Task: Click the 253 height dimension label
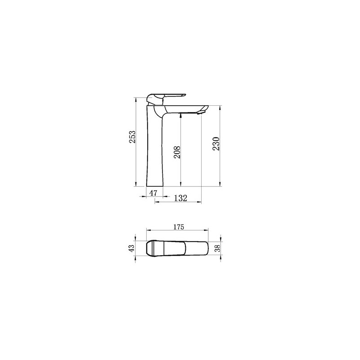click(132, 137)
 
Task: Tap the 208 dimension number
click(177, 152)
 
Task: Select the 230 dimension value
click(216, 144)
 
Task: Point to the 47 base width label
click(153, 193)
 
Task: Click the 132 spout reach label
click(180, 198)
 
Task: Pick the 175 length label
click(179, 227)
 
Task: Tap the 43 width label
click(132, 248)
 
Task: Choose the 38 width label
click(217, 248)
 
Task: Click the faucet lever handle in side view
click(165, 97)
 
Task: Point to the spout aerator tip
click(200, 112)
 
